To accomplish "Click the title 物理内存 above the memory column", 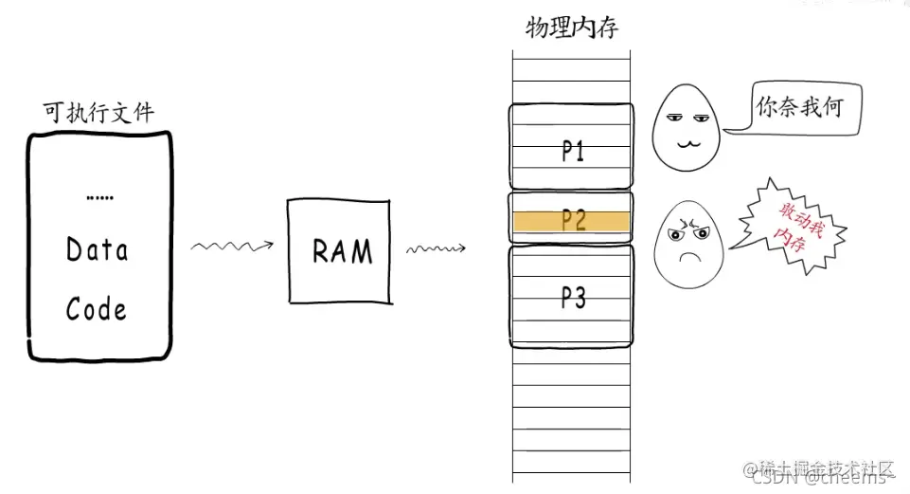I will pyautogui.click(x=572, y=28).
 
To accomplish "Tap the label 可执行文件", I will pyautogui.click(x=98, y=113).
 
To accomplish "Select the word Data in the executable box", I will pyautogui.click(x=98, y=250).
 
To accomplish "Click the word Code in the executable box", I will pyautogui.click(x=96, y=309).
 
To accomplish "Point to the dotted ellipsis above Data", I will pyautogui.click(x=99, y=198).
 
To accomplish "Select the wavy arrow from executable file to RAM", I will pyautogui.click(x=232, y=247).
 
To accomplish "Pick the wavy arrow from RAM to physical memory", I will pyautogui.click(x=439, y=250).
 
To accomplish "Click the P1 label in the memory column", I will pyautogui.click(x=572, y=152).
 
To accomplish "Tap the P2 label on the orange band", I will pyautogui.click(x=572, y=221).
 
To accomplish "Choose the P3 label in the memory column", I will pyautogui.click(x=572, y=298).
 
